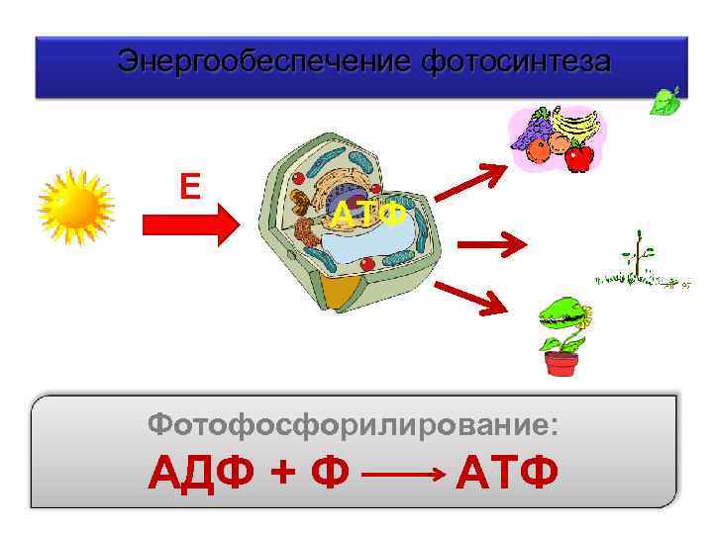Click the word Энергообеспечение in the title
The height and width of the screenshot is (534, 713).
pos(265,61)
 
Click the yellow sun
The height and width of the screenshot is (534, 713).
pos(77,206)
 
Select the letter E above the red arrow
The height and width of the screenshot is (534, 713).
pos(189,185)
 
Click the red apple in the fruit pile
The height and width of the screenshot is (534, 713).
pos(579,155)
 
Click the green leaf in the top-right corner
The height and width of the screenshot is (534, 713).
pos(665,101)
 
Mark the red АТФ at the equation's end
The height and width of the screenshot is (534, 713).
pos(507,474)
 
